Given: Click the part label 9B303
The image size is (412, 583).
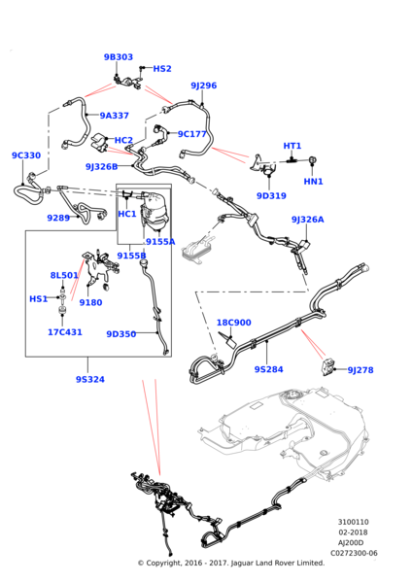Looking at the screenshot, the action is pyautogui.click(x=119, y=57).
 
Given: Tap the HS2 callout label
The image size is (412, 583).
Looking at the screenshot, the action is pyautogui.click(x=162, y=69).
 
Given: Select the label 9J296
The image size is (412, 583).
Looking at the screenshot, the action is pyautogui.click(x=204, y=86).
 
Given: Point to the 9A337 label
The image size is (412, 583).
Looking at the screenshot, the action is pyautogui.click(x=114, y=116).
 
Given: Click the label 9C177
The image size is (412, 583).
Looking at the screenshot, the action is pyautogui.click(x=191, y=134).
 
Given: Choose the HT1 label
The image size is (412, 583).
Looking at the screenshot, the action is pyautogui.click(x=292, y=146).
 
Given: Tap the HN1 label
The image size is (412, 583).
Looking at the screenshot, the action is pyautogui.click(x=314, y=182).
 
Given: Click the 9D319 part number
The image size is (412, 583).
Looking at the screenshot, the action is pyautogui.click(x=271, y=196).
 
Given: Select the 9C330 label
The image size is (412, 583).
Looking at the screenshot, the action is pyautogui.click(x=26, y=155).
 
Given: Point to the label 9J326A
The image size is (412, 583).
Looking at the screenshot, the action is pyautogui.click(x=307, y=220).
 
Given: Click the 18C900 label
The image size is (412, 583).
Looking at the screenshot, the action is pyautogui.click(x=234, y=323).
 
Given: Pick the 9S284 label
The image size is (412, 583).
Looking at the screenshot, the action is pyautogui.click(x=268, y=369).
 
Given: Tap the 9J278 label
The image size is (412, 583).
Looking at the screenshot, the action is pyautogui.click(x=360, y=370).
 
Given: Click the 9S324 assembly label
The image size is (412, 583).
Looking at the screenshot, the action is pyautogui.click(x=90, y=379).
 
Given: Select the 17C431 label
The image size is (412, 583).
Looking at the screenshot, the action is pyautogui.click(x=65, y=332).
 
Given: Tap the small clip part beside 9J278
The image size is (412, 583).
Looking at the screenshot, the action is pyautogui.click(x=326, y=368).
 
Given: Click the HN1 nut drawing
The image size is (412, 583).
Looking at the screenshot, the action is pyautogui.click(x=312, y=160).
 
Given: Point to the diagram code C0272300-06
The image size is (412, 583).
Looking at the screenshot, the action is pyautogui.click(x=354, y=553).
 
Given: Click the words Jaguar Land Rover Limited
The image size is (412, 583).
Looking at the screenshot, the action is pyautogui.click(x=277, y=564).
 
